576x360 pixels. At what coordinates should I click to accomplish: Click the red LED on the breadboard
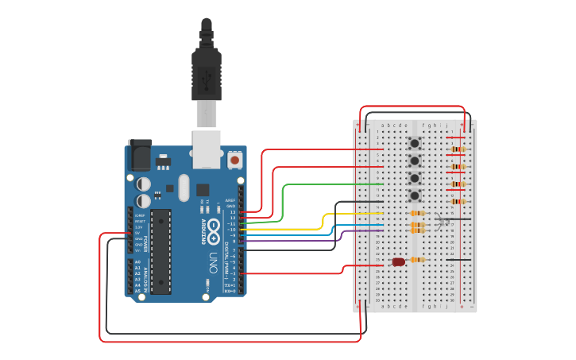point(398,261)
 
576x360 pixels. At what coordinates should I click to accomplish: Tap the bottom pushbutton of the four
point(414,195)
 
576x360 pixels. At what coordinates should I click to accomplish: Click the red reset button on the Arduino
point(234,161)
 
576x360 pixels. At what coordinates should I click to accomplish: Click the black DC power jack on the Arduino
point(140,154)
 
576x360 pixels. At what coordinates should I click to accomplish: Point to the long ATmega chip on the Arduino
point(161,251)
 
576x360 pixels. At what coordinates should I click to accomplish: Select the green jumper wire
point(334,184)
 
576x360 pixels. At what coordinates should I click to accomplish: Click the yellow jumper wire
point(350,214)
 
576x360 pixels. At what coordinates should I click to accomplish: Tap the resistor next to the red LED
point(417,260)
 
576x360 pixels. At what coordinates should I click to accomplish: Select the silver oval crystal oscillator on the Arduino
point(184,188)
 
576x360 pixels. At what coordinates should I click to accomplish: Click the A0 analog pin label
point(137,262)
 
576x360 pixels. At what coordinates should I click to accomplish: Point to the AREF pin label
point(230,200)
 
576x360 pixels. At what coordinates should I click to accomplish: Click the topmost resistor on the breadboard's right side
point(458,149)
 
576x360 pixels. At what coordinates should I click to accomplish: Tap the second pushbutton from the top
point(414,161)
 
